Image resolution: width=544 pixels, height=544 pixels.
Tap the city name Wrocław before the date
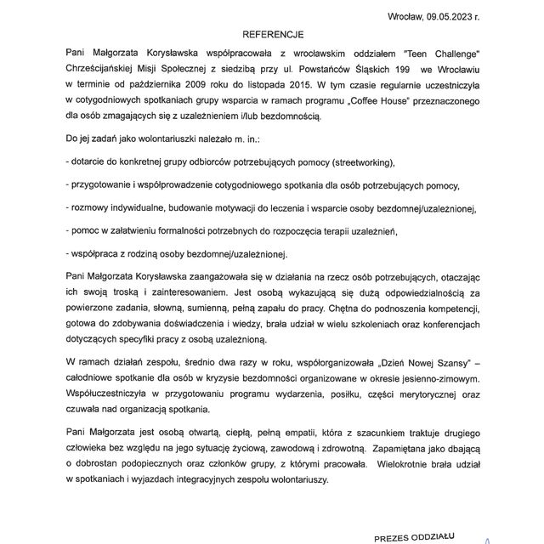coord(411,16)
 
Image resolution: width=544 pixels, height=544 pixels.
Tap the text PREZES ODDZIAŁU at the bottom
coord(416,537)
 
